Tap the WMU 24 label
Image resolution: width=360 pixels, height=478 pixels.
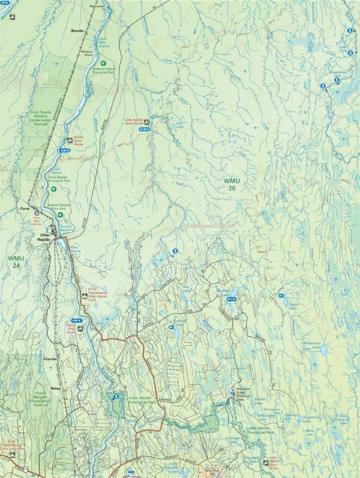tap(16, 261)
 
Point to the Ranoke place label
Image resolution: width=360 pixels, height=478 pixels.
tap(76, 32)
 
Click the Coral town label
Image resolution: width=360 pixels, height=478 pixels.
tap(25, 212)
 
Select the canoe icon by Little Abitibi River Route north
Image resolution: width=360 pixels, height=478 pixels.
tap(148, 121)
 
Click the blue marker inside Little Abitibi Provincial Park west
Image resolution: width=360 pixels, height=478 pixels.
tap(115, 396)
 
